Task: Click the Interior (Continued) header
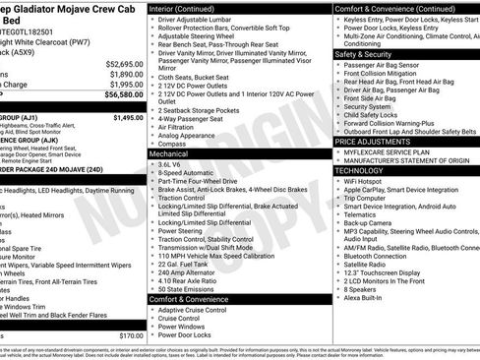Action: click(x=191, y=8)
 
